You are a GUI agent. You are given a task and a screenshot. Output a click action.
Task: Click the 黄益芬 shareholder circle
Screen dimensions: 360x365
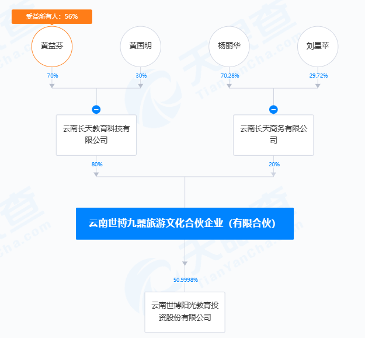click(52, 46)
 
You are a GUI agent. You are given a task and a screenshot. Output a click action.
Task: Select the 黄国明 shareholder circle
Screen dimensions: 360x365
click(140, 46)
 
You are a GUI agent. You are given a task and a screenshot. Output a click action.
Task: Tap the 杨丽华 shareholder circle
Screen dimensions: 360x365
click(229, 46)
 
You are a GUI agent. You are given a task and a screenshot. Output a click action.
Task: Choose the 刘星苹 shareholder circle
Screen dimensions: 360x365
click(318, 46)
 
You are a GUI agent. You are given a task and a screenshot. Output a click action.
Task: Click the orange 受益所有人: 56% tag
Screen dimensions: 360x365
click(52, 17)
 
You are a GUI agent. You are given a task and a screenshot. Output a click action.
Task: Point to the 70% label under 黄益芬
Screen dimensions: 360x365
click(52, 76)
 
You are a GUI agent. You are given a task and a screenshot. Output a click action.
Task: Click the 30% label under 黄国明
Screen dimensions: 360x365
click(141, 76)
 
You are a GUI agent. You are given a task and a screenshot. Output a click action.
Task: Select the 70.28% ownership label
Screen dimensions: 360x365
click(230, 76)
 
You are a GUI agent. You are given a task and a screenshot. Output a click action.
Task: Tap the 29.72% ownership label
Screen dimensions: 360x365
click(318, 76)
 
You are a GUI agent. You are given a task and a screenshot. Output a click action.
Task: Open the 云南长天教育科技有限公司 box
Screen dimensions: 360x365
click(96, 135)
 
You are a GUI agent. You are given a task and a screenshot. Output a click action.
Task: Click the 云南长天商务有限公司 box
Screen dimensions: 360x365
click(273, 135)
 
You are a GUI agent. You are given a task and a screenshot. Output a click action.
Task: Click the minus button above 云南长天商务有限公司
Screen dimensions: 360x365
click(273, 109)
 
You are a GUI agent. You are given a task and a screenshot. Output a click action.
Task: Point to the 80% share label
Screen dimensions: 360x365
click(96, 165)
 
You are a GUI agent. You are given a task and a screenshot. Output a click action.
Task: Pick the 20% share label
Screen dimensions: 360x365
click(274, 165)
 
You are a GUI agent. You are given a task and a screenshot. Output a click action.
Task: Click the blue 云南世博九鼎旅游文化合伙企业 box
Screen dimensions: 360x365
click(185, 223)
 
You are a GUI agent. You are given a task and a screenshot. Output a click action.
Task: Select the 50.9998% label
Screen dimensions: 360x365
click(185, 280)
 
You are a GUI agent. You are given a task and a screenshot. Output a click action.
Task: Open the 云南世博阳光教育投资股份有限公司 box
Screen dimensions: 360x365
click(185, 312)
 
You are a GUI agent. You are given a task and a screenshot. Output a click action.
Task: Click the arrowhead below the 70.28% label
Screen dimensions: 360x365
click(230, 86)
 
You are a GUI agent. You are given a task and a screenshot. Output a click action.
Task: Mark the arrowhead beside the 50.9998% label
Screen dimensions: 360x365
click(185, 263)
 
